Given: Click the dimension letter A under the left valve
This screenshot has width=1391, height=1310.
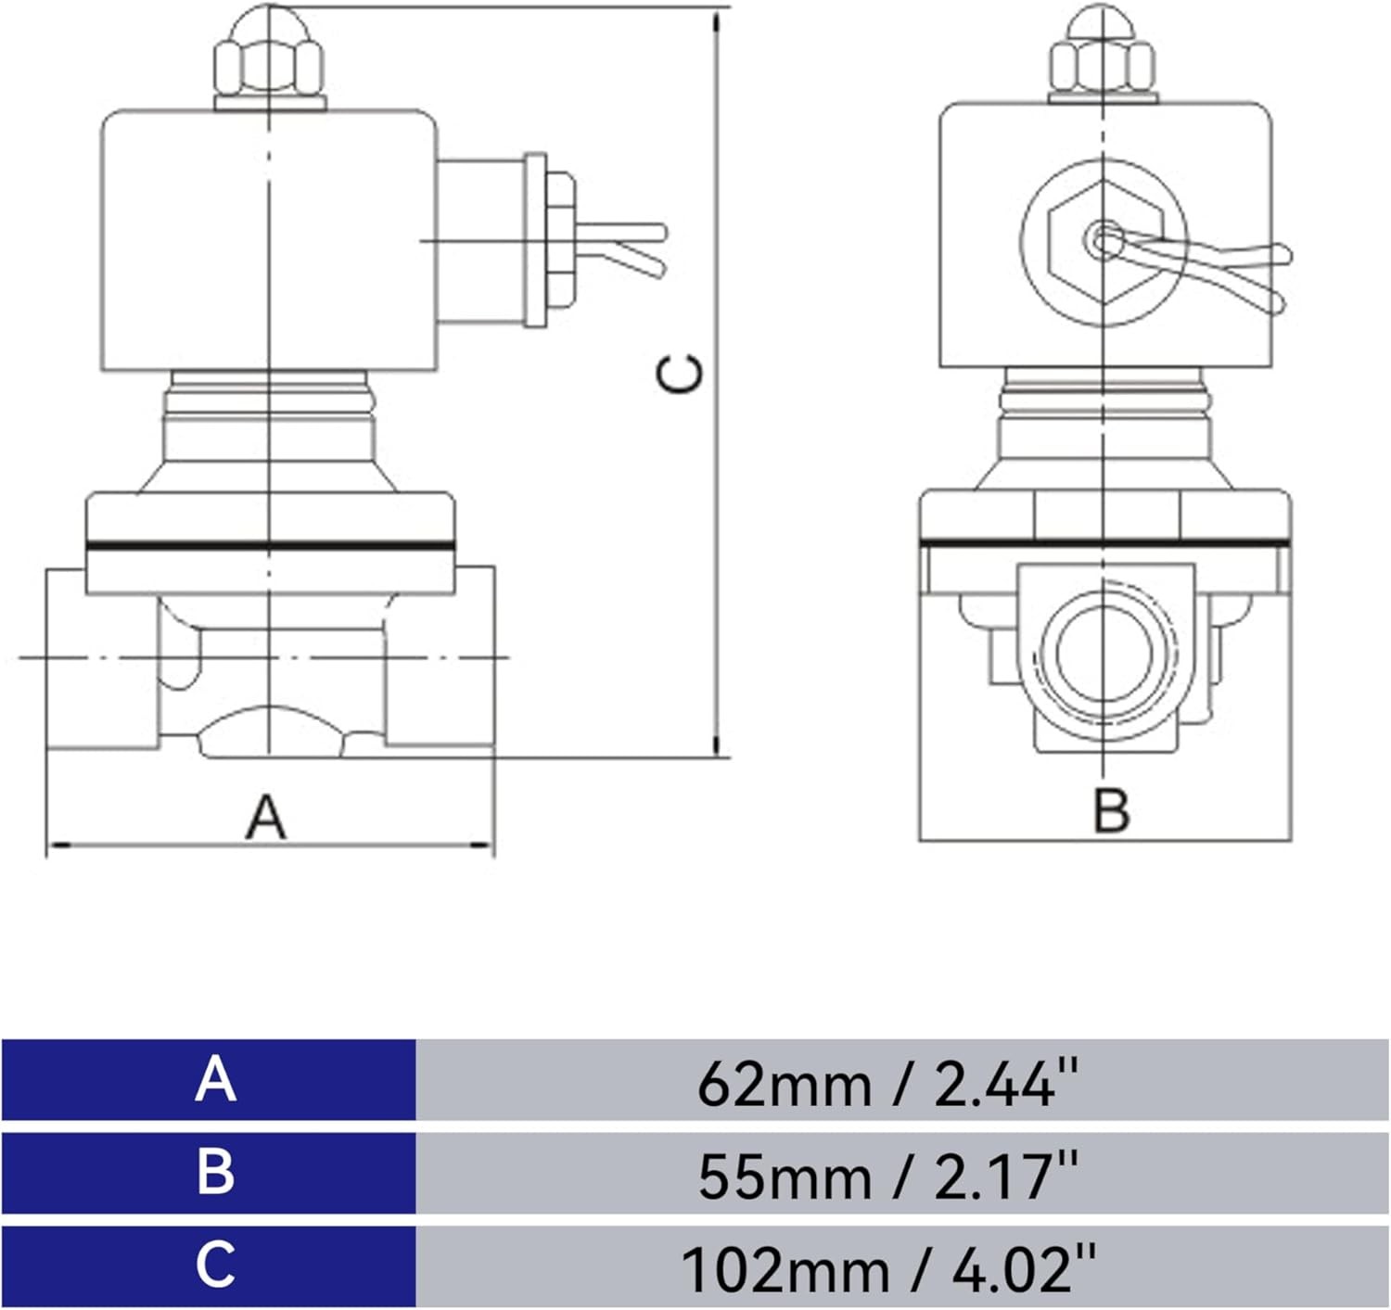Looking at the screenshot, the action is pyautogui.click(x=266, y=817).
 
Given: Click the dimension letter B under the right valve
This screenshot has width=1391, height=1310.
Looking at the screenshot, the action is pyautogui.click(x=1111, y=809).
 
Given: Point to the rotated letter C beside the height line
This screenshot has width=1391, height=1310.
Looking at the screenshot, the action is pyautogui.click(x=679, y=374).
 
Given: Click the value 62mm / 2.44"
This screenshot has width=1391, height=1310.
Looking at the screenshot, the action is pyautogui.click(x=887, y=1083).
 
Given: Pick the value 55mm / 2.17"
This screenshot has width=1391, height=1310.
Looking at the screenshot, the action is pyautogui.click(x=887, y=1176).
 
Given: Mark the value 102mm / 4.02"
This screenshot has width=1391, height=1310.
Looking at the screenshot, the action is pyautogui.click(x=887, y=1268).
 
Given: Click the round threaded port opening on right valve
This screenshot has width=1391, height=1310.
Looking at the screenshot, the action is pyautogui.click(x=1104, y=653).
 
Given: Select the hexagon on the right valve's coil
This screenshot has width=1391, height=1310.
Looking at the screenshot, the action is pyautogui.click(x=1104, y=242).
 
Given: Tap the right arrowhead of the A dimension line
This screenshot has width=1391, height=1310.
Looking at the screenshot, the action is pyautogui.click(x=482, y=845).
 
